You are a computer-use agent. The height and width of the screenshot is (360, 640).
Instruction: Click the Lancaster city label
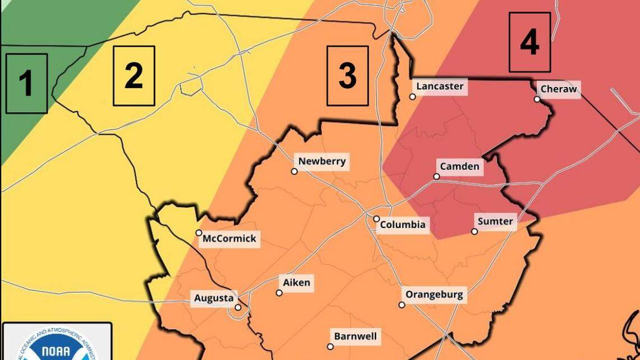coord(440,86)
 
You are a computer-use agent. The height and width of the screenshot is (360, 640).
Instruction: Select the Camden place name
coord(460,166)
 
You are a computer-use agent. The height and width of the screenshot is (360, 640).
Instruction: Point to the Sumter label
coord(495,221)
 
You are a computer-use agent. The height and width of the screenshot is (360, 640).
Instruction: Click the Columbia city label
coord(403,225)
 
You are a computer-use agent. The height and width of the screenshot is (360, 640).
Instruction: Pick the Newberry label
coord(322,162)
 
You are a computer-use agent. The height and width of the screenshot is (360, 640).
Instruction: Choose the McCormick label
coord(229,239)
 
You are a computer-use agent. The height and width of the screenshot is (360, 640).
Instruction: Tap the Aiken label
coord(296,282)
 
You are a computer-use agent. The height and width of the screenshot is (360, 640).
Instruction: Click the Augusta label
coord(213,298)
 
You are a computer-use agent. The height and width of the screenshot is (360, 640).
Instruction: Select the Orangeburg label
coord(435,295)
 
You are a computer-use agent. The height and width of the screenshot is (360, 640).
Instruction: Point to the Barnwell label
coord(355,337)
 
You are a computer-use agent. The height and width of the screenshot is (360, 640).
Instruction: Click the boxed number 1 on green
coord(26,83)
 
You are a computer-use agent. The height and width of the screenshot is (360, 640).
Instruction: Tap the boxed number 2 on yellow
coord(134,76)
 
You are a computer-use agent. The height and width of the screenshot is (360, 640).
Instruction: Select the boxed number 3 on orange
coord(348,76)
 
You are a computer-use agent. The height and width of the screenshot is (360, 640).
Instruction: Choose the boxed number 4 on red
coord(530,42)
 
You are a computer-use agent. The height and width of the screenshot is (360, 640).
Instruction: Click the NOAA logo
coord(56,345)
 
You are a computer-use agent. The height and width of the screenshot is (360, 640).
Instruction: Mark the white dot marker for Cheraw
coord(537,99)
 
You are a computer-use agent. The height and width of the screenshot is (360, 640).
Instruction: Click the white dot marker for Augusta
coord(238,307)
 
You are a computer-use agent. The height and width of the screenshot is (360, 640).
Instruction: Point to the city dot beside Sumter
coord(474,231)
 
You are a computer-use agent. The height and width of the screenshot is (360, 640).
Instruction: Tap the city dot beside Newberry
coord(294,171)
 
